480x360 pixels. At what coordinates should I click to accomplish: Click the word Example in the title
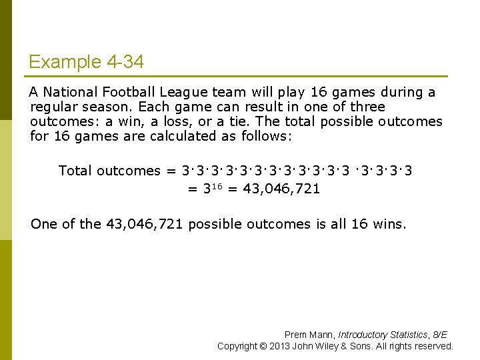click(65, 62)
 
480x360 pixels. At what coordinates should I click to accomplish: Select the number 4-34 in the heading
click(125, 62)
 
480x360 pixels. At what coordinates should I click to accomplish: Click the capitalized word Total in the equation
click(75, 171)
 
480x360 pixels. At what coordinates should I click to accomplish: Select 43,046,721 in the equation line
click(281, 189)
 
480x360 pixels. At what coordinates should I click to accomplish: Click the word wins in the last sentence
click(387, 224)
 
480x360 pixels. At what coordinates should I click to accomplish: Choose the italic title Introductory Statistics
click(381, 335)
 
